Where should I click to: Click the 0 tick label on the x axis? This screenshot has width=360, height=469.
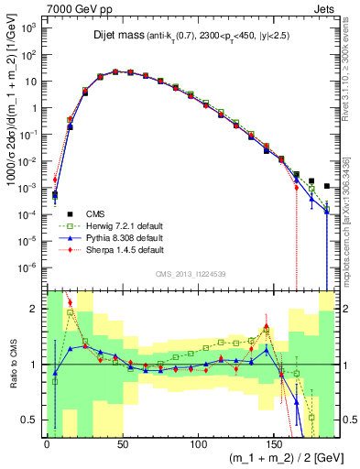point(47,441)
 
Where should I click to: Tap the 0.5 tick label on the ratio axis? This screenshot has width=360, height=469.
point(30,420)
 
